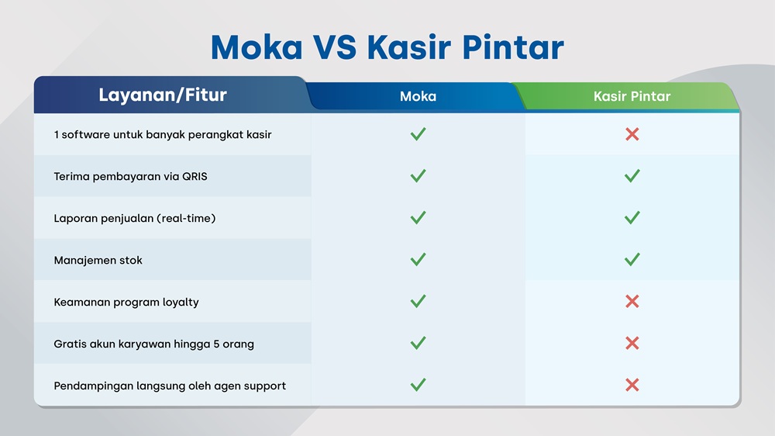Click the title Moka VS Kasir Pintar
[387, 47]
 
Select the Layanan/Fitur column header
[163, 95]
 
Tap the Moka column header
[418, 96]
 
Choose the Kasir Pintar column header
[632, 96]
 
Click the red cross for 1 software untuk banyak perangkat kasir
[632, 134]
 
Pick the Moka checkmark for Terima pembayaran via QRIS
[418, 175]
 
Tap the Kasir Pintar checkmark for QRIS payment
[632, 175]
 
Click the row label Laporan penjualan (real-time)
[134, 218]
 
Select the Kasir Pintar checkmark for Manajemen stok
[632, 259]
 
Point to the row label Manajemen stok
[98, 261]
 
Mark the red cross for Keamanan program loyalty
[632, 301]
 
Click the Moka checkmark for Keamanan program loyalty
[418, 301]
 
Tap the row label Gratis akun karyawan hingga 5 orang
[153, 344]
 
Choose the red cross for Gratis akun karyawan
[632, 343]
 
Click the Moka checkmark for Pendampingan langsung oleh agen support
[418, 385]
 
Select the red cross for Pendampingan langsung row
[632, 385]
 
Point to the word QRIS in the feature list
[195, 176]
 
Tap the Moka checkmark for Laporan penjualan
[418, 217]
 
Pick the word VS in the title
[335, 47]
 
